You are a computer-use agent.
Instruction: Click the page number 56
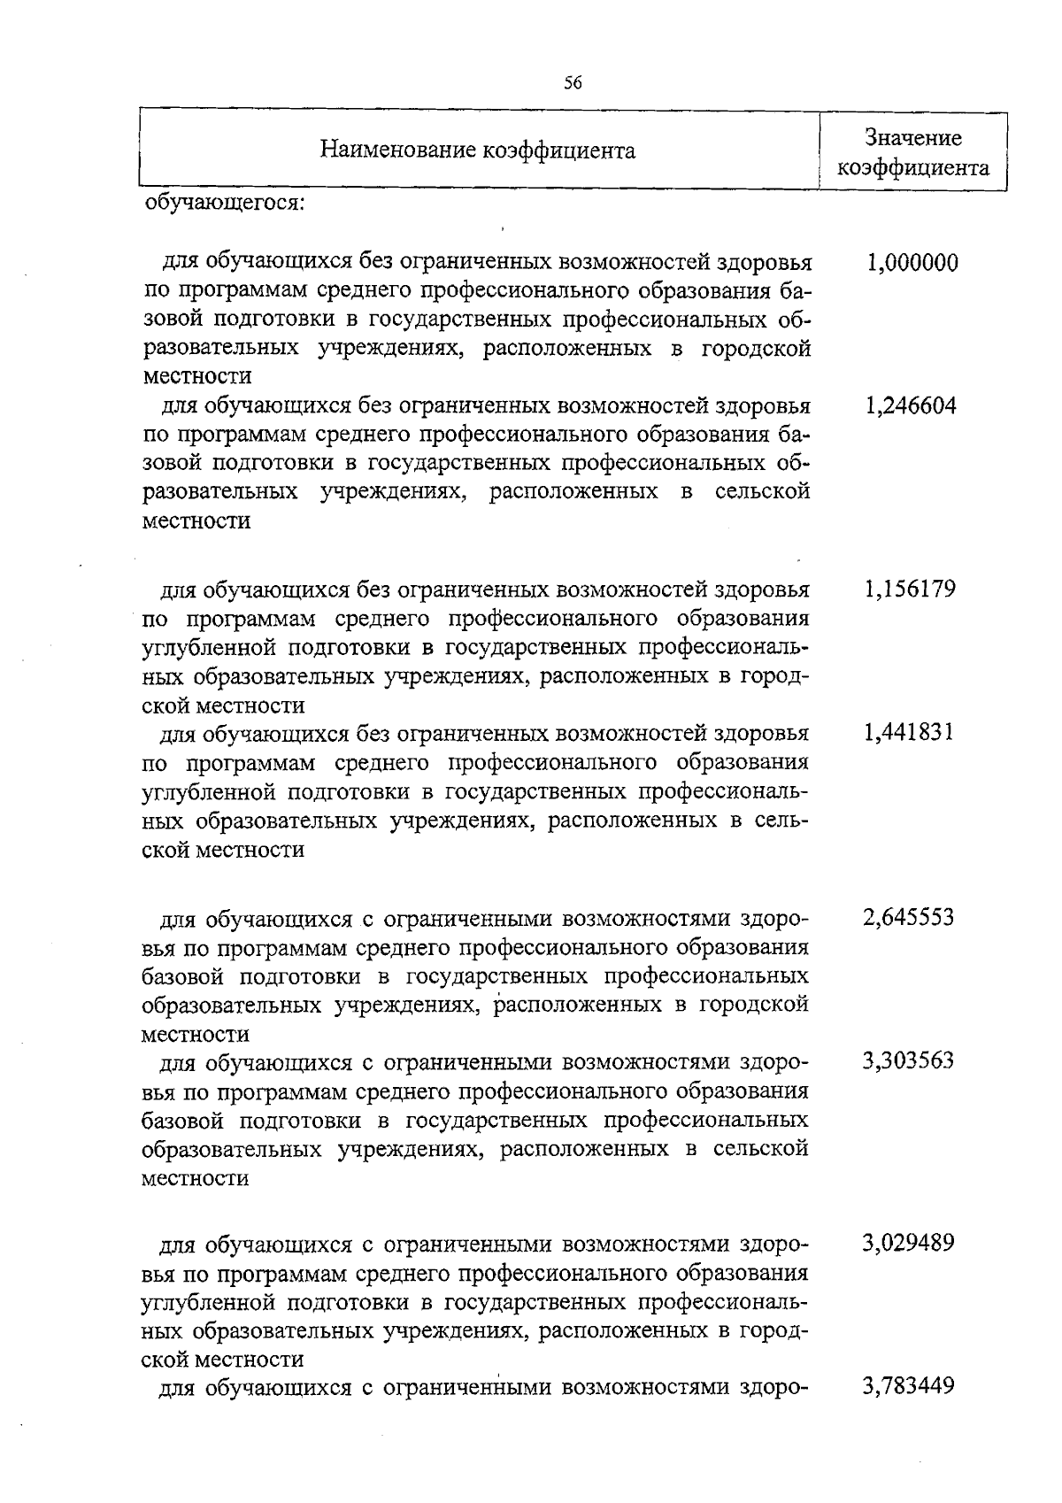point(573,83)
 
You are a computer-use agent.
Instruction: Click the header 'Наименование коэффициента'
point(477,150)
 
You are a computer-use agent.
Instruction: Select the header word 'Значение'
point(913,138)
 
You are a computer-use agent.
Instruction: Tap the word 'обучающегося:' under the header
point(224,203)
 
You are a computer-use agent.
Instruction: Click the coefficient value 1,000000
point(912,263)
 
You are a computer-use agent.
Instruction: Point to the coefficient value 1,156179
point(911,590)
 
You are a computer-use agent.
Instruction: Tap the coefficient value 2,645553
point(909,917)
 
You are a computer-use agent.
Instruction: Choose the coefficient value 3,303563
point(909,1060)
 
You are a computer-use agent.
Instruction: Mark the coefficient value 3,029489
point(909,1244)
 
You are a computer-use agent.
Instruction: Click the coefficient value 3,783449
point(909,1386)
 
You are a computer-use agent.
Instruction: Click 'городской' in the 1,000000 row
point(757,348)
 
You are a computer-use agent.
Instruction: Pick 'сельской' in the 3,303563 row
point(760,1149)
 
